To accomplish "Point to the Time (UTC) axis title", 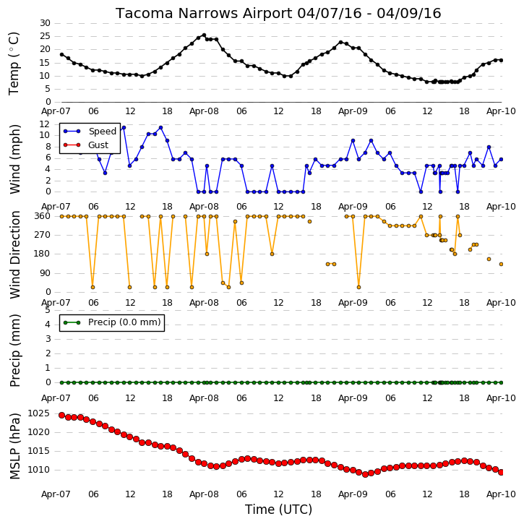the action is tap(278, 510).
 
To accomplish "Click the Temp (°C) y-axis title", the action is tap(14, 64).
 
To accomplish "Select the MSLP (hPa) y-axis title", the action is tap(14, 446).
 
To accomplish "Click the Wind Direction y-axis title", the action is tap(14, 254).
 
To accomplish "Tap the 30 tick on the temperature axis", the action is tap(45, 23).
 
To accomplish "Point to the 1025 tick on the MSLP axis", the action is tap(38, 413).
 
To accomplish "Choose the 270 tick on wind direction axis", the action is tap(43, 235).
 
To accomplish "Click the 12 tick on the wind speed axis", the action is tap(45, 124).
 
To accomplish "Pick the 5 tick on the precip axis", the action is tap(48, 310).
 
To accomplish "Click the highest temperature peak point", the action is tap(204, 35).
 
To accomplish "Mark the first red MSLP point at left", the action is tap(62, 415).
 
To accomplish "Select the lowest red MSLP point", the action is tap(365, 474).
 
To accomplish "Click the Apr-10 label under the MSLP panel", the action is tap(501, 494).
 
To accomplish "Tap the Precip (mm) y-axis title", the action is tap(14, 351).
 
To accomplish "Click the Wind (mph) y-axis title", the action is tap(14, 159).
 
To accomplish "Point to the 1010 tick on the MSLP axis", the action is tap(38, 470).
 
